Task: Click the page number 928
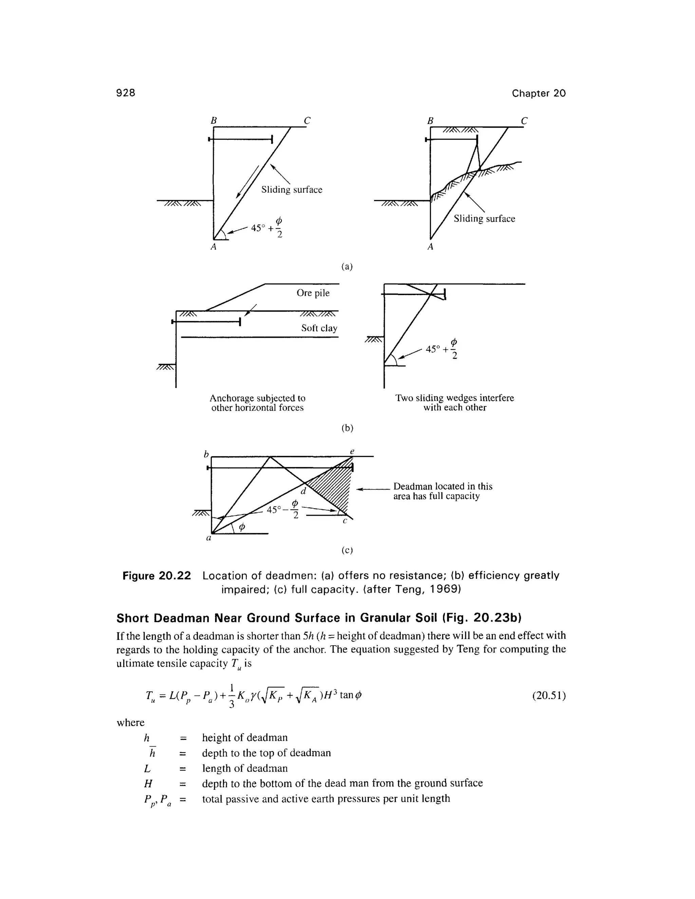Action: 126,93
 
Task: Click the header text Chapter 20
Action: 539,93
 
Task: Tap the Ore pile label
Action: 313,293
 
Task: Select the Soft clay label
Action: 319,328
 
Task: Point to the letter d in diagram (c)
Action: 303,491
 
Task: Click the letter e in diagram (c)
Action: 352,452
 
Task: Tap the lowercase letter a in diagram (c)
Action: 209,538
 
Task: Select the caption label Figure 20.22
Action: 157,575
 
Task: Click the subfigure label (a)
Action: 347,266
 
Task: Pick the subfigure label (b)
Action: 347,428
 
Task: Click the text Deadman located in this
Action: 443,486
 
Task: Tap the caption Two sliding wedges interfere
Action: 454,398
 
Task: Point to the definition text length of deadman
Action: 245,768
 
